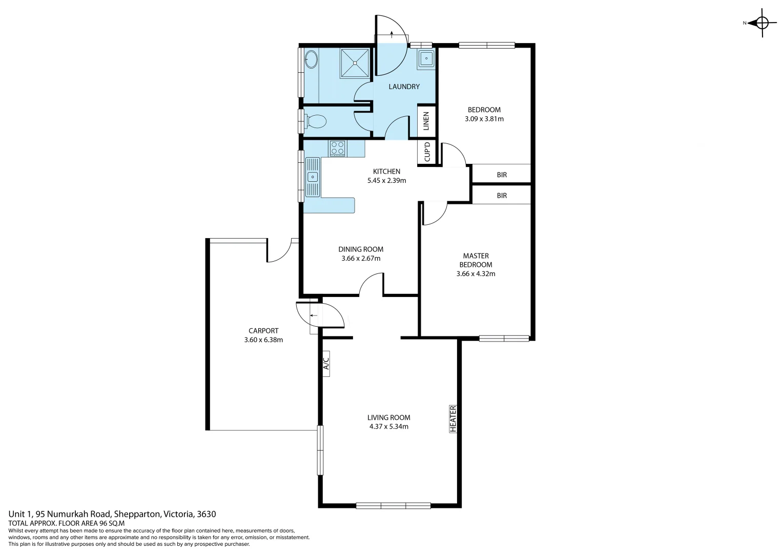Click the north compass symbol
(x=761, y=23)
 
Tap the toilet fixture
(x=316, y=121)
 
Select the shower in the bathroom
(x=355, y=63)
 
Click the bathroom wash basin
(x=311, y=59)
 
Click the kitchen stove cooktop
(x=337, y=148)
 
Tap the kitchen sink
(x=313, y=177)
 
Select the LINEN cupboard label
(x=426, y=121)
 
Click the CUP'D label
(x=427, y=152)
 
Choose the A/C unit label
(x=326, y=364)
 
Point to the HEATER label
(x=453, y=418)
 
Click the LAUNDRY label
(x=404, y=87)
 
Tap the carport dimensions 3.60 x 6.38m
(x=263, y=340)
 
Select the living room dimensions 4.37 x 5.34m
(x=389, y=427)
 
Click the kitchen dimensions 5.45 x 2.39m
(x=387, y=181)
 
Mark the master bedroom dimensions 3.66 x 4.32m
(x=476, y=274)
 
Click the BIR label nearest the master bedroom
(x=502, y=196)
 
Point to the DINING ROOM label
(x=361, y=249)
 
